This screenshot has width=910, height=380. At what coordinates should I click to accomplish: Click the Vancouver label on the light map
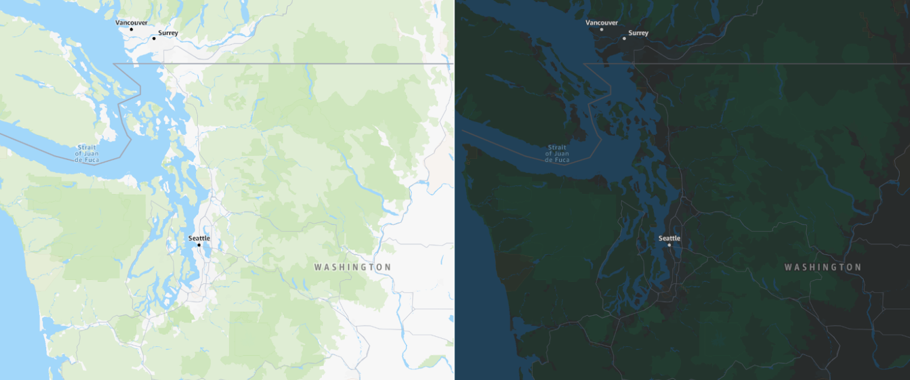pyautogui.click(x=131, y=23)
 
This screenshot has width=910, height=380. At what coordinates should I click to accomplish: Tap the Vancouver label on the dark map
pyautogui.click(x=601, y=23)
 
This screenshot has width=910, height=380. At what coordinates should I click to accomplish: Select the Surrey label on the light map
pyautogui.click(x=168, y=33)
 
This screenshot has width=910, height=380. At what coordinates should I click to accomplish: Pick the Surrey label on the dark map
pyautogui.click(x=638, y=33)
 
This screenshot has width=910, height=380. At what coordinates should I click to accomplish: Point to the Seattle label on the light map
pyautogui.click(x=199, y=238)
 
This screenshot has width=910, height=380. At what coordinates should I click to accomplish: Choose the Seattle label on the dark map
pyautogui.click(x=670, y=238)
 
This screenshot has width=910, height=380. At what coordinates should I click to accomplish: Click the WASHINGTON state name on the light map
pyautogui.click(x=352, y=267)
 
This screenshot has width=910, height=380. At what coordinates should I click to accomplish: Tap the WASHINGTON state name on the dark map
pyautogui.click(x=823, y=267)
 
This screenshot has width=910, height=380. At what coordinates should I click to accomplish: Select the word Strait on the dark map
pyautogui.click(x=557, y=147)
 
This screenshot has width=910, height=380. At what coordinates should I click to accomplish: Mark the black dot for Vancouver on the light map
pyautogui.click(x=131, y=29)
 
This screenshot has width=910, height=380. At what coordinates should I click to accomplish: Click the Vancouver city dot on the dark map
pyautogui.click(x=601, y=29)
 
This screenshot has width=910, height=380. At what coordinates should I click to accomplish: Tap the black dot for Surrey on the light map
pyautogui.click(x=153, y=38)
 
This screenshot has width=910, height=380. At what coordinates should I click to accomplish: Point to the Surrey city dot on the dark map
pyautogui.click(x=624, y=38)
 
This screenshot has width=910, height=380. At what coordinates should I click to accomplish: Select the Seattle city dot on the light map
pyautogui.click(x=199, y=245)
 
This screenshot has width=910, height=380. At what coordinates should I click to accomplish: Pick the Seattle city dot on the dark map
pyautogui.click(x=670, y=245)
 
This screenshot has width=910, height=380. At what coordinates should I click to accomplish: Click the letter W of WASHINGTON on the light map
pyautogui.click(x=318, y=267)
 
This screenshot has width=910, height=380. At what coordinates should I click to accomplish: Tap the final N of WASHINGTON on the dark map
pyautogui.click(x=858, y=267)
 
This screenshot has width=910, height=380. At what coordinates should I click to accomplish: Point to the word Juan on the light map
pyautogui.click(x=91, y=153)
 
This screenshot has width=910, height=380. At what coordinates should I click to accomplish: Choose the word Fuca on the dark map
pyautogui.click(x=562, y=160)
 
